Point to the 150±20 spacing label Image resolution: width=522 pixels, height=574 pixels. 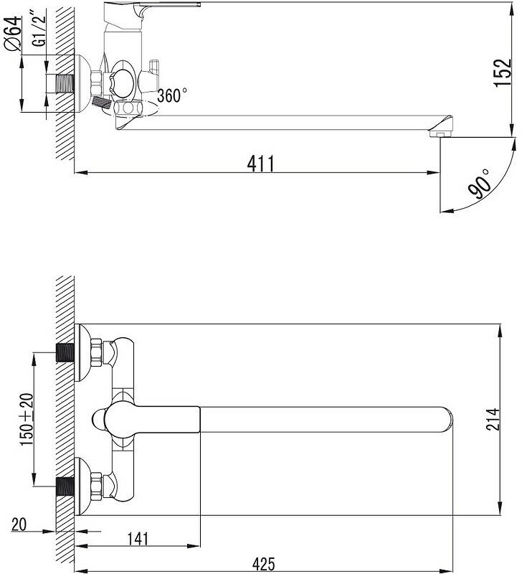pos(27,419)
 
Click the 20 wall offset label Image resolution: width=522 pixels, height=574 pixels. pos(19,525)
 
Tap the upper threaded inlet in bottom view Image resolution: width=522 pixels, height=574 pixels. pos(66,353)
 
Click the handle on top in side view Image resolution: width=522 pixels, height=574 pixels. pos(165,10)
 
